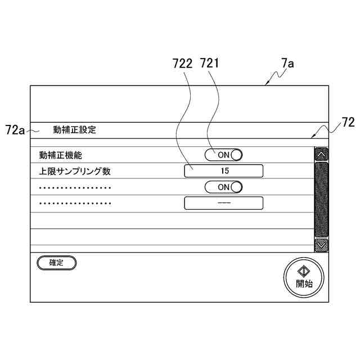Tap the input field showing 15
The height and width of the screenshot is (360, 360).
click(x=223, y=170)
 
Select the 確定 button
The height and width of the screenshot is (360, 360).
click(x=56, y=262)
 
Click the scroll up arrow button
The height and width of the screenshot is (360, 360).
click(x=321, y=154)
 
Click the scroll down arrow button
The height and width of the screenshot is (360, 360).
click(x=321, y=245)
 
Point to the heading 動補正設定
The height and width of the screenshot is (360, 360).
click(x=74, y=130)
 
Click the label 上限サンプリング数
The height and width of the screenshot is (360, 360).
click(x=79, y=171)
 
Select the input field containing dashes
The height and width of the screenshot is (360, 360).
click(x=223, y=202)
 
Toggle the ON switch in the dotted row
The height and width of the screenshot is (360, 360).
click(x=223, y=187)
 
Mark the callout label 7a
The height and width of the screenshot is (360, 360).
click(x=287, y=64)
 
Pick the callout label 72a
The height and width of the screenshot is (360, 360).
click(x=15, y=130)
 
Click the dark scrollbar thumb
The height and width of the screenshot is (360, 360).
click(x=321, y=199)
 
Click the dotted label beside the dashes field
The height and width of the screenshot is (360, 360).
click(x=75, y=203)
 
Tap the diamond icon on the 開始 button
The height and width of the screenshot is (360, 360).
click(x=304, y=271)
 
